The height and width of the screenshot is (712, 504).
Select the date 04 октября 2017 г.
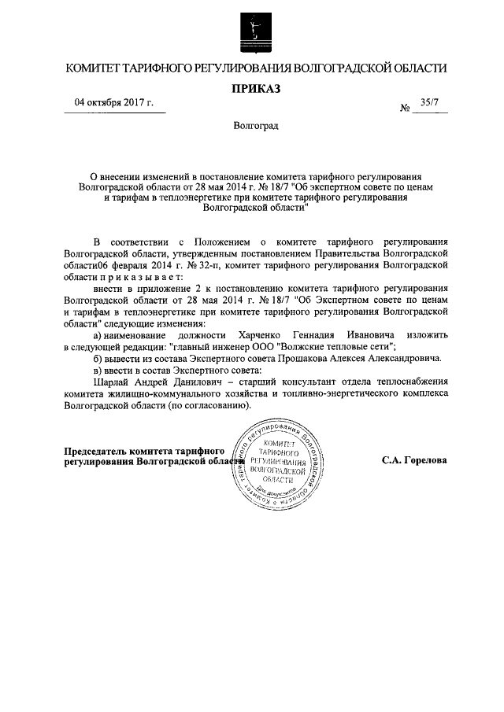coord(113,103)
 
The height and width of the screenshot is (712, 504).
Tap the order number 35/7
coord(430,102)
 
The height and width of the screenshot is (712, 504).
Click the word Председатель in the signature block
coord(98,451)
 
